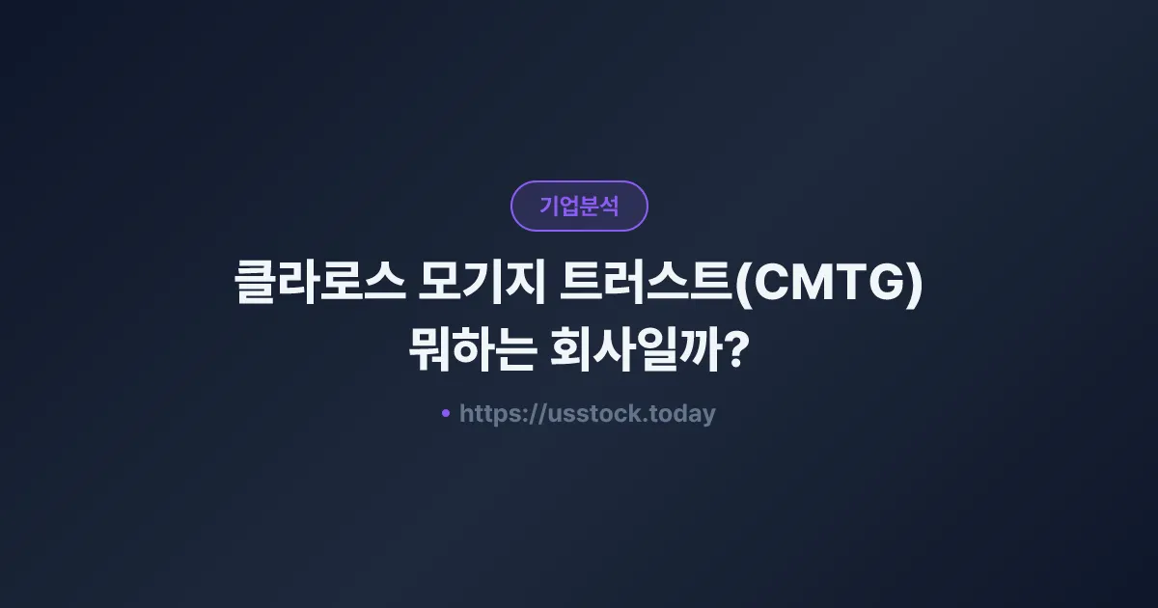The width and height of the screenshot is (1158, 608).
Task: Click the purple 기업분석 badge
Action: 579,206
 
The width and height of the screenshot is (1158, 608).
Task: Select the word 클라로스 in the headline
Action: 319,287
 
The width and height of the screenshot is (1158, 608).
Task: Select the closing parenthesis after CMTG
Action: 915,288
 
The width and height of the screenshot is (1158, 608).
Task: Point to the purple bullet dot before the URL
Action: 446,413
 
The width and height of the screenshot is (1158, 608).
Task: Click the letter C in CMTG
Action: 768,287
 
